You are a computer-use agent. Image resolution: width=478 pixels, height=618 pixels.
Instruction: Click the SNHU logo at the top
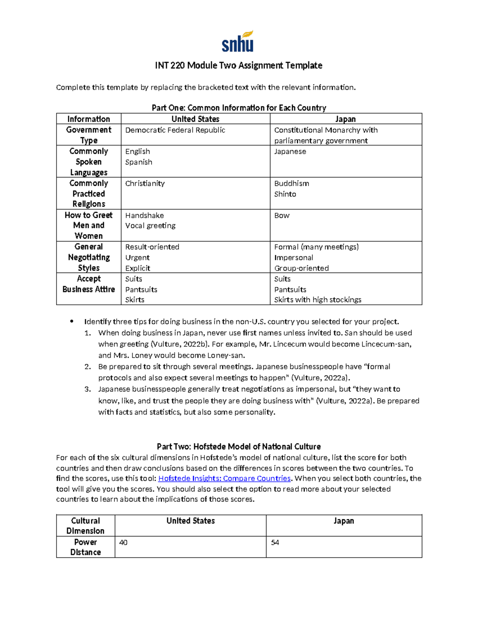[238, 41]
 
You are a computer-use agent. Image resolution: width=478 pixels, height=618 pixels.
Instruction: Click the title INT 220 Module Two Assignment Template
[239, 65]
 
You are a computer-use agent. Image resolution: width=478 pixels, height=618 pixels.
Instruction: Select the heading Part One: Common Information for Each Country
[239, 108]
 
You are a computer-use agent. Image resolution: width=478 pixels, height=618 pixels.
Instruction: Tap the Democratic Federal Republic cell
[175, 130]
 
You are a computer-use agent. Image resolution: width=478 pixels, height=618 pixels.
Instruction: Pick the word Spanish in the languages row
[139, 162]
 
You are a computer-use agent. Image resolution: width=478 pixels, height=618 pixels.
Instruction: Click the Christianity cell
[145, 183]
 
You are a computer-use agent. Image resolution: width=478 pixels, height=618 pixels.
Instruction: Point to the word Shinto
[285, 194]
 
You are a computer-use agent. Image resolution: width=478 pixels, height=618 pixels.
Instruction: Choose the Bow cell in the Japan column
[282, 215]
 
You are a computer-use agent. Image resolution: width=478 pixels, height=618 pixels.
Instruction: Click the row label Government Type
[88, 135]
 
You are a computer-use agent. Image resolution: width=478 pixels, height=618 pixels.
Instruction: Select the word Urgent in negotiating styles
[137, 257]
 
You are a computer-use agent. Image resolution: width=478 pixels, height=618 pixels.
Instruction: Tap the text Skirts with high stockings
[317, 300]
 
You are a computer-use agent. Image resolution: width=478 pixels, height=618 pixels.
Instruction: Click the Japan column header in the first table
[345, 119]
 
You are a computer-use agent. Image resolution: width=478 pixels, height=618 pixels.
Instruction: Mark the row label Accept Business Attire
[88, 284]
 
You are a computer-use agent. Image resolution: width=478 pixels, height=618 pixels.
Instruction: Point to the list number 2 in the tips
[88, 367]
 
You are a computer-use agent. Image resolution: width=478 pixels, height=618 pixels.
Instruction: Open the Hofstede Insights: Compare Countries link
[225, 478]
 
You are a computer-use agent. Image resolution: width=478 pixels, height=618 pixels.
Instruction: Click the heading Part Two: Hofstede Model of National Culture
[239, 446]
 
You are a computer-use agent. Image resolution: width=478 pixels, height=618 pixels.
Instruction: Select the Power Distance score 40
[123, 542]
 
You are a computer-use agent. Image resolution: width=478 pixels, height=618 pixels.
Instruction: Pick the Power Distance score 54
[275, 542]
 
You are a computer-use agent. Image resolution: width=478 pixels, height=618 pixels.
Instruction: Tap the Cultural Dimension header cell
[85, 526]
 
